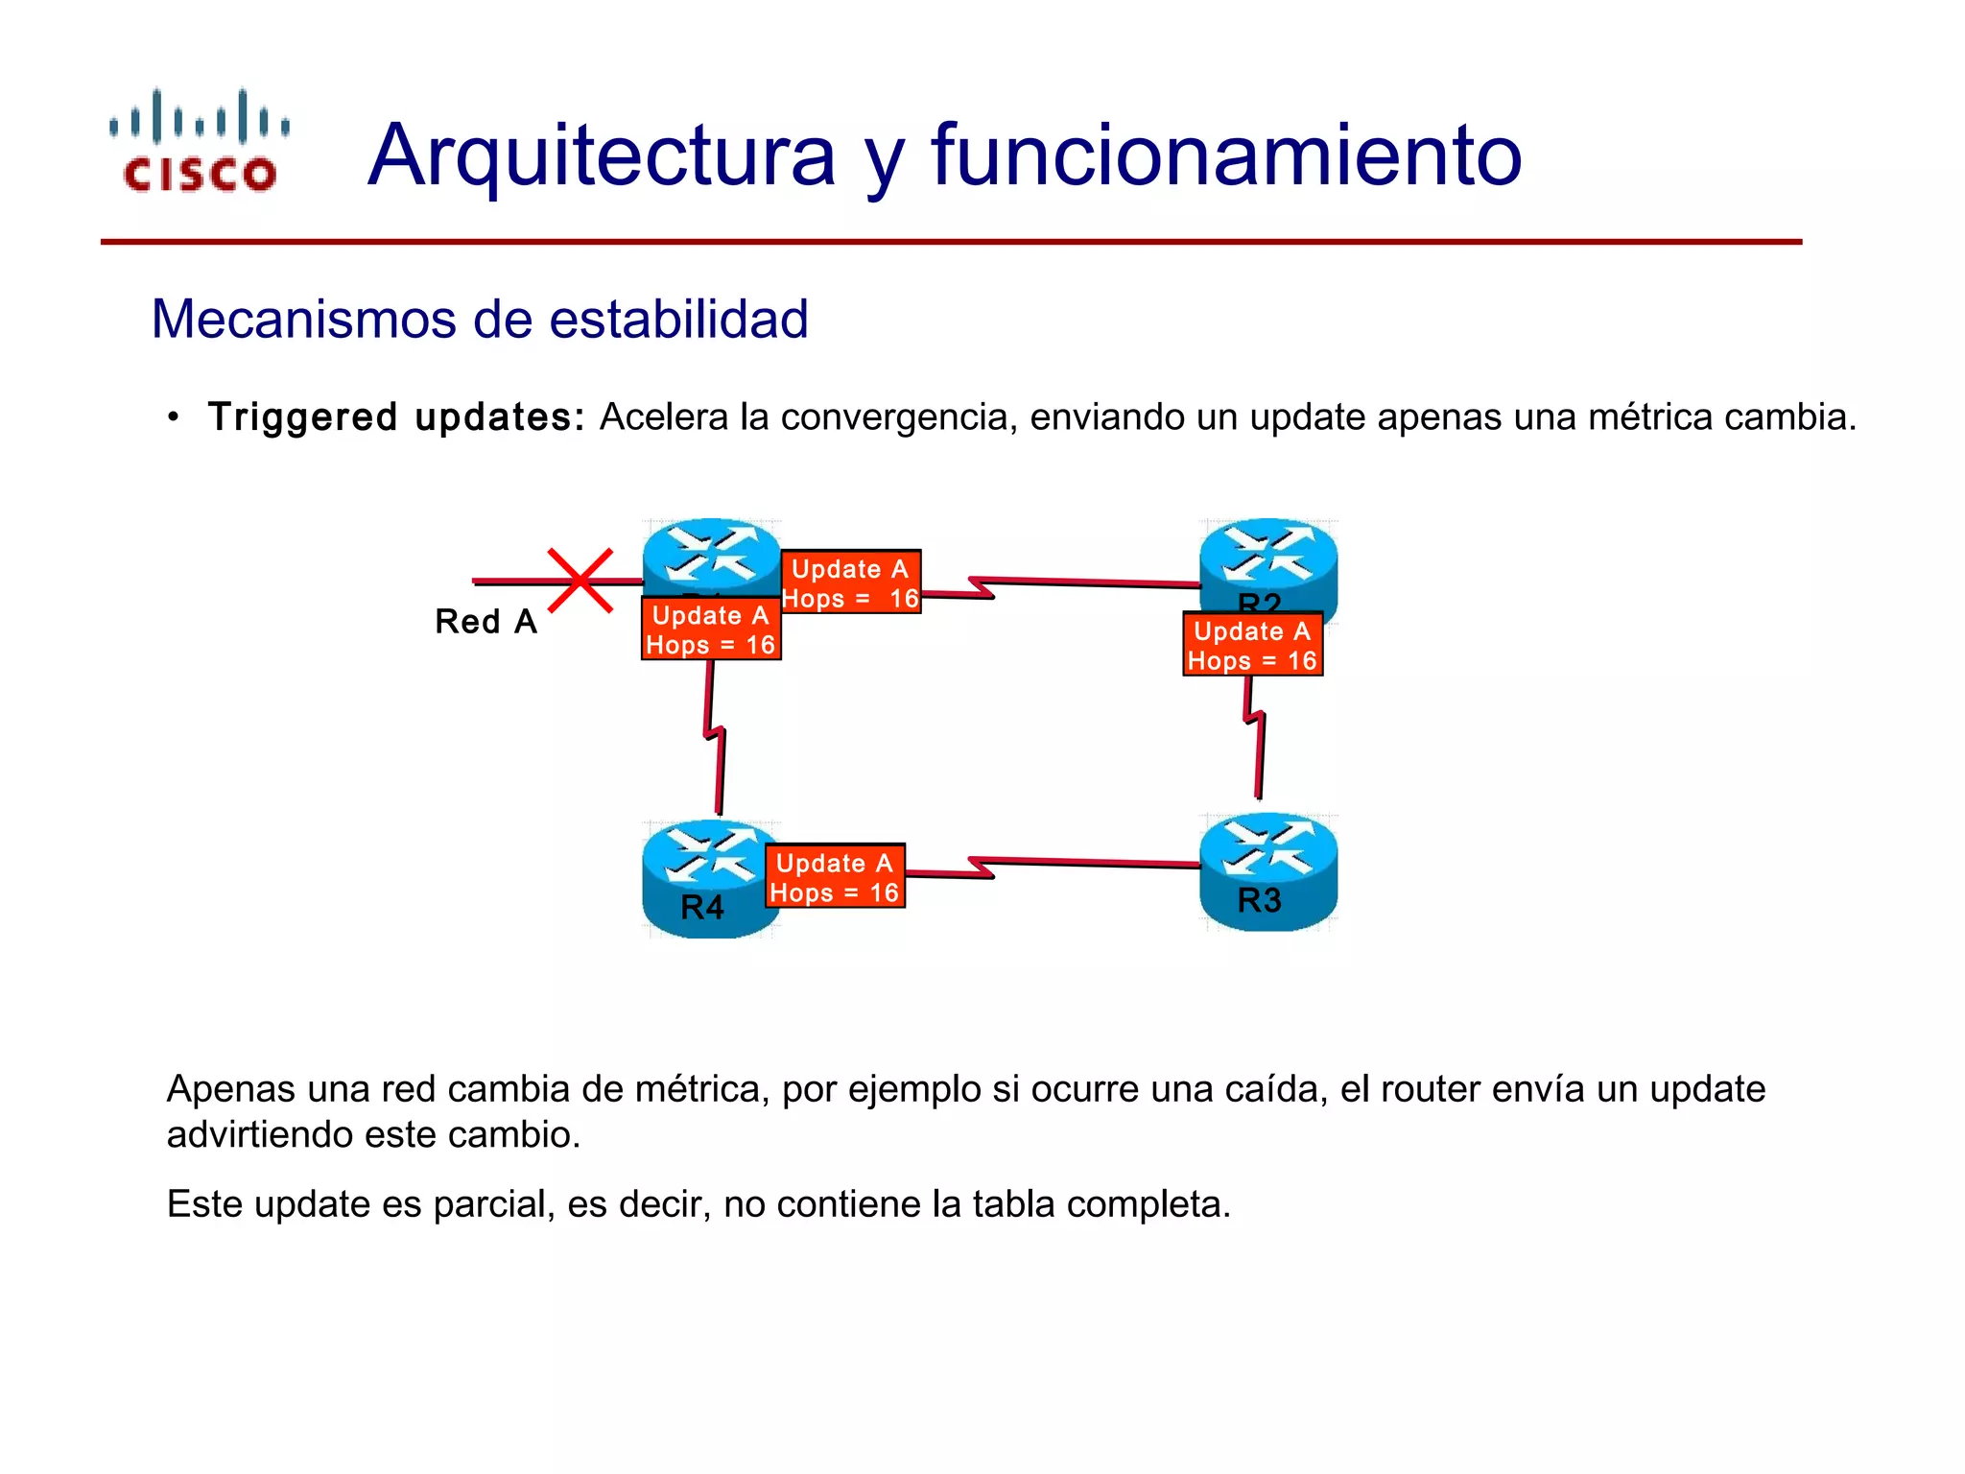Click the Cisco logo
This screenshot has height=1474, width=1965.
point(200,142)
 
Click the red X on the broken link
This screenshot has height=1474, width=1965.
point(580,581)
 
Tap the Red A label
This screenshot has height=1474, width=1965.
point(485,622)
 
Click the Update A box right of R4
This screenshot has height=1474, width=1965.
point(835,877)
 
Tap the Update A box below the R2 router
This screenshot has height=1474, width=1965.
point(1252,645)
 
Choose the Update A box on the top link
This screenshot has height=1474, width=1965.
point(850,582)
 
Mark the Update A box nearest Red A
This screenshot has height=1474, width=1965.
point(711,630)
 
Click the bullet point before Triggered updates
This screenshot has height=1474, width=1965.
point(173,417)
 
